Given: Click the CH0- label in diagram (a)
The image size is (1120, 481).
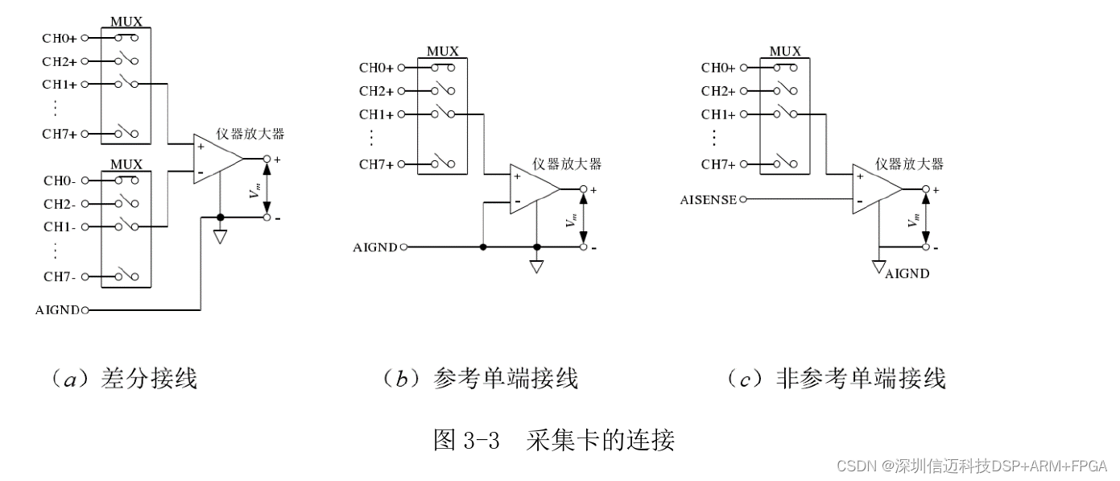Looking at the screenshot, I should coord(59,181).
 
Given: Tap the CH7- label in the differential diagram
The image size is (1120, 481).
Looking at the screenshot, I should coord(59,277).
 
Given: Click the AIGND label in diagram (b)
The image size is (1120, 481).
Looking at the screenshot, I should coord(375,247).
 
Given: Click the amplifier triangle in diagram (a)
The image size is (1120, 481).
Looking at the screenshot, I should coord(217,159).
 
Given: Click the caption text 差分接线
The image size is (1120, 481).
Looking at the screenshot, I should coord(149,378).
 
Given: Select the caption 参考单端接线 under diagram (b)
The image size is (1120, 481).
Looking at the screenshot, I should coord(505,378).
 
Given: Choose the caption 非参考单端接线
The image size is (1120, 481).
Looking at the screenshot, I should coord(860,378).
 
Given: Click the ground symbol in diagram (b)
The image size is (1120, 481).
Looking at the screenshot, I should coord(537,265).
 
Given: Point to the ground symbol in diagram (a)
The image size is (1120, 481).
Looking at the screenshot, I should coord(220,236).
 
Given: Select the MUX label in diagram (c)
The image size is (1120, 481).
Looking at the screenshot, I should coord(785,52).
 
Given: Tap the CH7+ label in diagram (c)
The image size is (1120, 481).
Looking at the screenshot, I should coord(717,164).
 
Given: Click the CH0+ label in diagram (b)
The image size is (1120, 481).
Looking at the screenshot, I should coord(376,68).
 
